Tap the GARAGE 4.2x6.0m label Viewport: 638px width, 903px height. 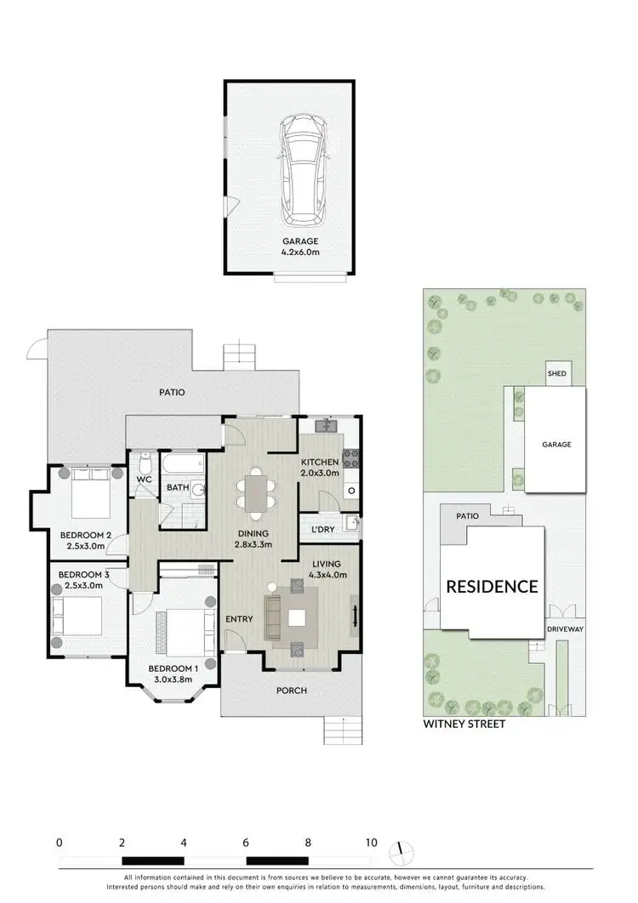pos(289,247)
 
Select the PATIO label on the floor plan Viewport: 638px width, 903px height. pos(171,393)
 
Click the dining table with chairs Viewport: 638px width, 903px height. pos(256,493)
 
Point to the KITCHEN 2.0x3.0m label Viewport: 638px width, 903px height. pos(320,468)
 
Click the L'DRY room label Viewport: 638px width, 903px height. pos(322,529)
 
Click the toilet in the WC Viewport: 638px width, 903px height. pos(145,465)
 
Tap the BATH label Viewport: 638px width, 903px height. pos(177,488)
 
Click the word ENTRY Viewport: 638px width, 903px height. pos(238,618)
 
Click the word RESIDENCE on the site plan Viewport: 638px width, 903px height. pos(493,586)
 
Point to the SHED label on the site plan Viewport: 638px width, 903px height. pos(557,374)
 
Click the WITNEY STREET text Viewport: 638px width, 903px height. pos(464,724)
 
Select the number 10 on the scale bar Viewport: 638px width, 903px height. pos(371,843)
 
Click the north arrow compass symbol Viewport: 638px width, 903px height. pos(403,851)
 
